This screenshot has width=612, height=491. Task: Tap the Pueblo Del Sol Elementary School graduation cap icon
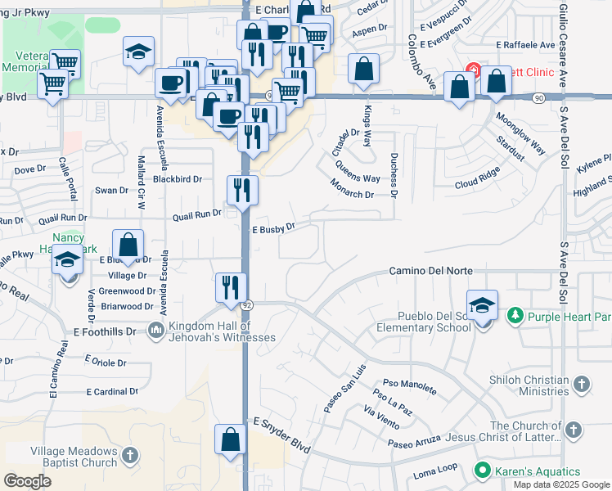484,304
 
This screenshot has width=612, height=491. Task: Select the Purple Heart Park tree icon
515,315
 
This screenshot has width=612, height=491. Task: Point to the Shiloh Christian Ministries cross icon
581,384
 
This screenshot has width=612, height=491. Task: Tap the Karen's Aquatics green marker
483,471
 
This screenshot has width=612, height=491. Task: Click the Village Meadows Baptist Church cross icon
130,456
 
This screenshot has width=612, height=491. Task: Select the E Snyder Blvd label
281,436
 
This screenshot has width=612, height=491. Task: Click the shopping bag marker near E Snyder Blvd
231,439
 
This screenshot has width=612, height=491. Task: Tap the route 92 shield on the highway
246,304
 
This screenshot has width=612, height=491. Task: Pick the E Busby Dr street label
272,228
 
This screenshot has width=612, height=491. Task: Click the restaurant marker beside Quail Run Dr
243,191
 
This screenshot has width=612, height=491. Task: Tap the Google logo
27,481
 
